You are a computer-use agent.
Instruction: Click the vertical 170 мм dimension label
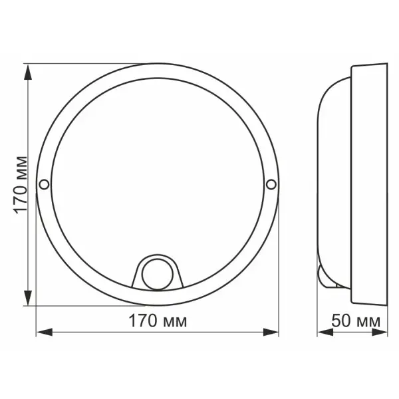pyautogui.click(x=20, y=185)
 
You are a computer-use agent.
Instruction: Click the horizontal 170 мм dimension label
pyautogui.click(x=158, y=322)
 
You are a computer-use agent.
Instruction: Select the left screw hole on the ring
pyautogui.click(x=45, y=184)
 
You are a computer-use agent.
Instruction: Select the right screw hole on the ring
pyautogui.click(x=271, y=184)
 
